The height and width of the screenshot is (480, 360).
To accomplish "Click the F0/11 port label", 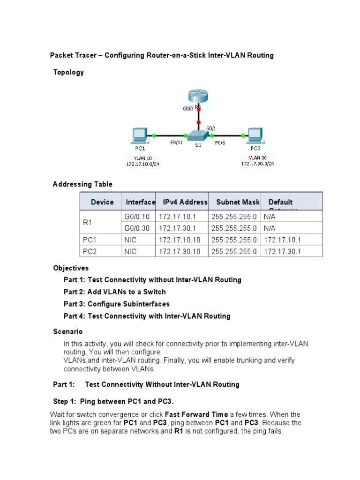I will click(x=176, y=143).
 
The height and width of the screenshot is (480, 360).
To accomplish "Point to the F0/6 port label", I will click(x=220, y=143).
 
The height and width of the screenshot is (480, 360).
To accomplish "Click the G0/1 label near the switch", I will click(x=211, y=127).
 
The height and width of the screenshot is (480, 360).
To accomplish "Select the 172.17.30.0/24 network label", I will click(x=257, y=164).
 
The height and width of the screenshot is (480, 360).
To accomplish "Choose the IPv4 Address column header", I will click(x=185, y=202).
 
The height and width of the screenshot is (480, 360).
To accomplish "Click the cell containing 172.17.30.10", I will click(x=180, y=252).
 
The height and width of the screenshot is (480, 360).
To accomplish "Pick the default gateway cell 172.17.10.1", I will click(x=282, y=240).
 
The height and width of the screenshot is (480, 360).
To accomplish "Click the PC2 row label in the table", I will click(x=90, y=252).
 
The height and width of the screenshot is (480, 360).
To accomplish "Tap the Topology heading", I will click(x=68, y=72).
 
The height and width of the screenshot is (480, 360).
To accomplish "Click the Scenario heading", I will click(x=68, y=332).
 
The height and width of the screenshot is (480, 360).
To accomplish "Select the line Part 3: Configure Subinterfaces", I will click(x=117, y=304).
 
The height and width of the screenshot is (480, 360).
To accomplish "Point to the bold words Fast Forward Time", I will click(x=196, y=415).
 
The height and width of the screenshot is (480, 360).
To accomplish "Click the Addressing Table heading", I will click(x=82, y=184).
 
